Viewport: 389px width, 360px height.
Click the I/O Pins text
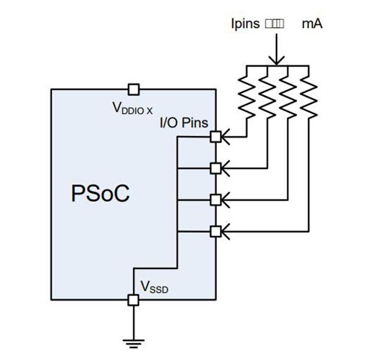184,123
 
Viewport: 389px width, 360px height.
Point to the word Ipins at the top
245,25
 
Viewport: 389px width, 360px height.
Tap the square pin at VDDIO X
133,89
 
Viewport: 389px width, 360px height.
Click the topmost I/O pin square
215,137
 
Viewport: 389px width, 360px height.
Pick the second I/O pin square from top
215,167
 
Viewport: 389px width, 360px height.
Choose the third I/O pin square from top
215,199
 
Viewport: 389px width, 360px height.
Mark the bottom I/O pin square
215,229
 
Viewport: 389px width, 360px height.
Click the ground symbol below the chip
133,343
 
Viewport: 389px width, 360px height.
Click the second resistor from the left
268,93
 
